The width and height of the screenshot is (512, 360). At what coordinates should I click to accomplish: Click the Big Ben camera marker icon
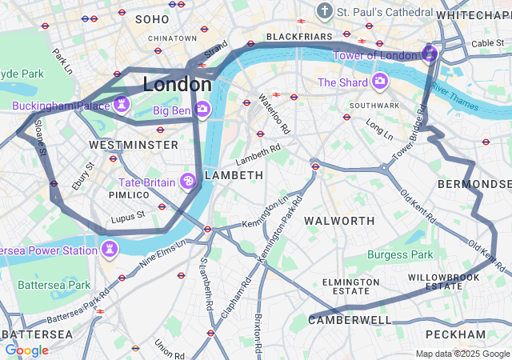click(x=202, y=109)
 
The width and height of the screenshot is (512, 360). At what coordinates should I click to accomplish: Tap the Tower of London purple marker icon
click(x=429, y=54)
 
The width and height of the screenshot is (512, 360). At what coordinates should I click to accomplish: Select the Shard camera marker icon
click(x=379, y=82)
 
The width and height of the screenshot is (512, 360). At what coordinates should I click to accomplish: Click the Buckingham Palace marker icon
click(x=122, y=105)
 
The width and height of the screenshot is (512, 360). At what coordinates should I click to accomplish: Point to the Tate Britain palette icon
click(x=189, y=182)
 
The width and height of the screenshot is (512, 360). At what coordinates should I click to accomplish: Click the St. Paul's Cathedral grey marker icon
click(x=325, y=11)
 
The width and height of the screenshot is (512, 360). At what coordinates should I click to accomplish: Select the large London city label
click(x=178, y=84)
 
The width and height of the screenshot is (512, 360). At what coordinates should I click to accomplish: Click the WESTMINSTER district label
click(x=134, y=145)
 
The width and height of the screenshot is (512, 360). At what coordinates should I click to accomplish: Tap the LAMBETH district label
click(x=234, y=175)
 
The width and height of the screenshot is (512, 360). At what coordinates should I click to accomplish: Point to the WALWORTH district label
click(x=340, y=220)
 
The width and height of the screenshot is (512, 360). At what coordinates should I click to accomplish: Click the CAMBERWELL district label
click(x=350, y=320)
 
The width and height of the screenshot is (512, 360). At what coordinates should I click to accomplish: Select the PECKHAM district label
click(x=455, y=334)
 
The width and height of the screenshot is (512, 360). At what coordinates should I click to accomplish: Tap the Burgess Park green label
click(x=400, y=254)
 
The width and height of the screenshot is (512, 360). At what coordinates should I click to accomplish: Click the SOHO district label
click(x=152, y=18)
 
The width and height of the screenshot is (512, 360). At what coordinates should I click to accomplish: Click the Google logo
click(x=26, y=350)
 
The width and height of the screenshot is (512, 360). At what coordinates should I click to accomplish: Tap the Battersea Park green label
click(x=54, y=285)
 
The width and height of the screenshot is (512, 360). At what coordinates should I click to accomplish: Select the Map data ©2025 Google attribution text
click(x=462, y=354)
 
